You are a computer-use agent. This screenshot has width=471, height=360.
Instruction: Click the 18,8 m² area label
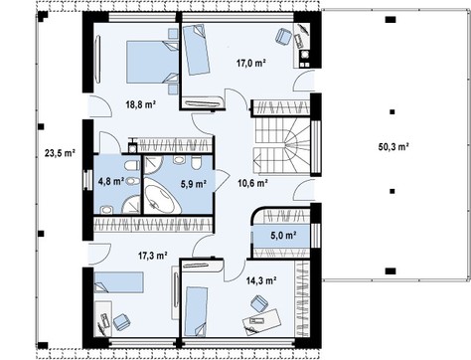141,105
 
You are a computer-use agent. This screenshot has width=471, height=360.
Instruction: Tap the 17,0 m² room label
251,63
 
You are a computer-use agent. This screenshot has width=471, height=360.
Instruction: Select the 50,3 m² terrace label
393,146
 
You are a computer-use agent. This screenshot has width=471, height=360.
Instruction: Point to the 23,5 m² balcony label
60,153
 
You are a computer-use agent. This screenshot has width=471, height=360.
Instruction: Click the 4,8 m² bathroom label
111,181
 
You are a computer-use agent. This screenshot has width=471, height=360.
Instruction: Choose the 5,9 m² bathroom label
194,184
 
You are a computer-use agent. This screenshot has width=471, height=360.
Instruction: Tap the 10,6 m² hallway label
253,183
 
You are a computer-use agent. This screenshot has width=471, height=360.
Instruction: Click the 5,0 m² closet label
283,236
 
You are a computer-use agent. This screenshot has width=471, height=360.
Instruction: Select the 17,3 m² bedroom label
152,256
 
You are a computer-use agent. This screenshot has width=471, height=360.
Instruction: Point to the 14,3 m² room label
261,280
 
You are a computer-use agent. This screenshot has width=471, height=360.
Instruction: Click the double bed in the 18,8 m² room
153,62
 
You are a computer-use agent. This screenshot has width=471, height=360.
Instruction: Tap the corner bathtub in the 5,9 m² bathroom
162,196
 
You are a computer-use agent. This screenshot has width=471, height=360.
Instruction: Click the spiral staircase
282,146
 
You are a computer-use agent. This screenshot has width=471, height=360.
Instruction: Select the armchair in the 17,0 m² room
282,36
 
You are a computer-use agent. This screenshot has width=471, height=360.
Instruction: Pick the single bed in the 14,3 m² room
197,311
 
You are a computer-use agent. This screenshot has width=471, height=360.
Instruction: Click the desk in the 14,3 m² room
261,320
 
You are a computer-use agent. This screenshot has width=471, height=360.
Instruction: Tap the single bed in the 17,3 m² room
118,282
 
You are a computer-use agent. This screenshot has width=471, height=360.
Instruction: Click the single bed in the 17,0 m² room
196,50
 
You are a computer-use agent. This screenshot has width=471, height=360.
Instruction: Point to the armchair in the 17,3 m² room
121,321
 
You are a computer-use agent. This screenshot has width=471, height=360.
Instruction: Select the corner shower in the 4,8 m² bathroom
132,205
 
